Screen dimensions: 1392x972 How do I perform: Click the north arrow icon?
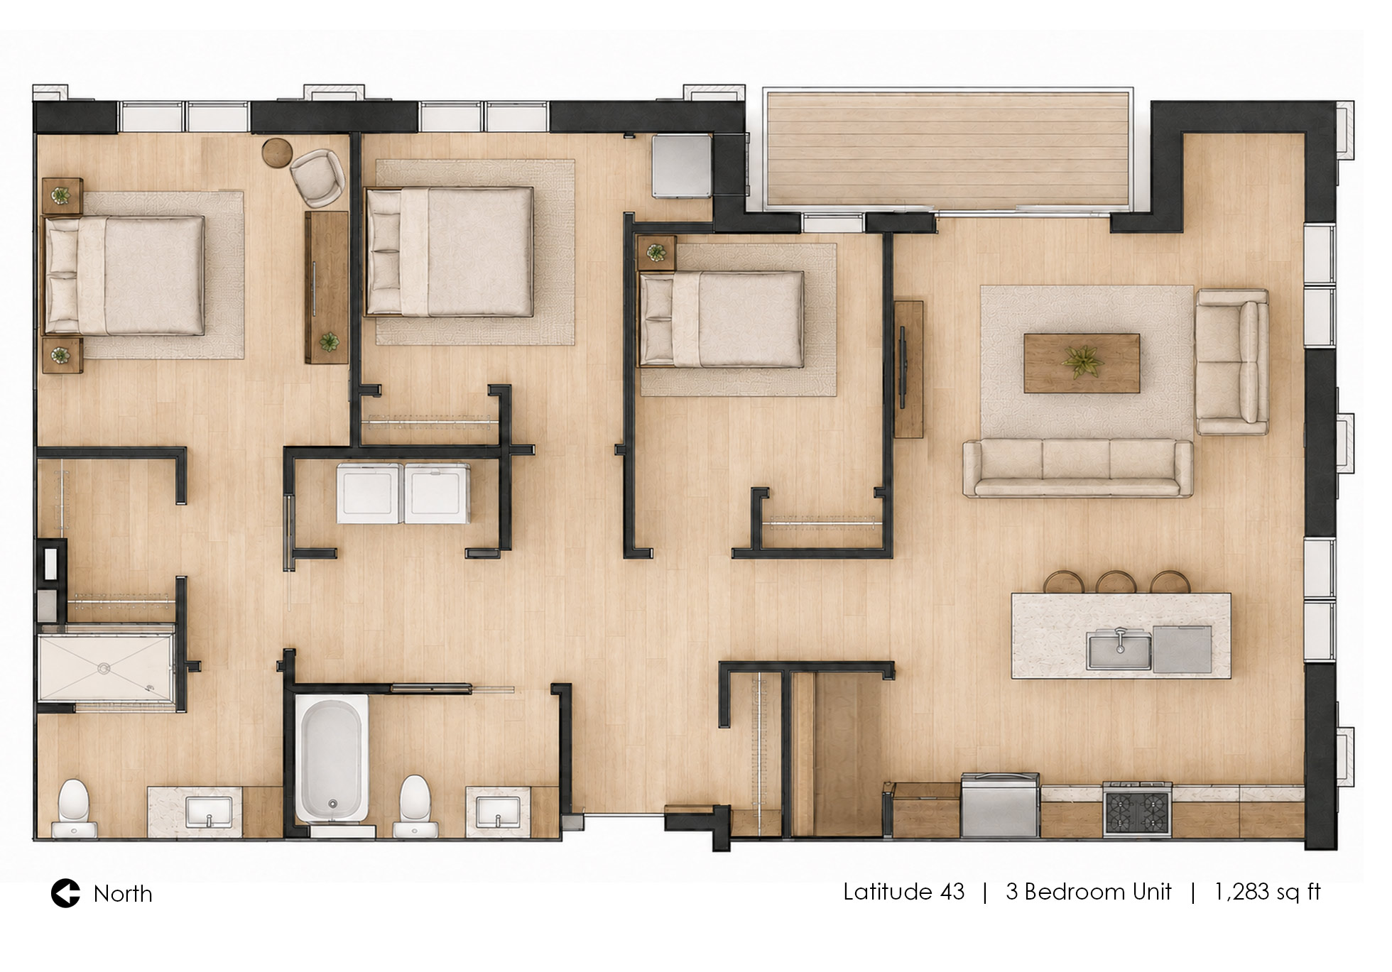(65, 893)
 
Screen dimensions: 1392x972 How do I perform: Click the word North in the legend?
(123, 894)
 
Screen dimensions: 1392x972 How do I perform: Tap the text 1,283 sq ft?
(1267, 892)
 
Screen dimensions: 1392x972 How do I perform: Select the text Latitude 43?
(903, 891)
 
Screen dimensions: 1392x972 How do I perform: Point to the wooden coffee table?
(1082, 363)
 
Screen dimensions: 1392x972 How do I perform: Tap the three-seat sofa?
(1077, 467)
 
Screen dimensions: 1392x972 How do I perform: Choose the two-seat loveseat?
(1232, 361)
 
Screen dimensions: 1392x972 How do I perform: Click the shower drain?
(104, 667)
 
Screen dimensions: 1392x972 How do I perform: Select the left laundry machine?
(369, 493)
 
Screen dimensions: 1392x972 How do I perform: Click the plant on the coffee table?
(1082, 362)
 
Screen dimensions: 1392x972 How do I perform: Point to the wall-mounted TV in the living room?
(903, 368)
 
